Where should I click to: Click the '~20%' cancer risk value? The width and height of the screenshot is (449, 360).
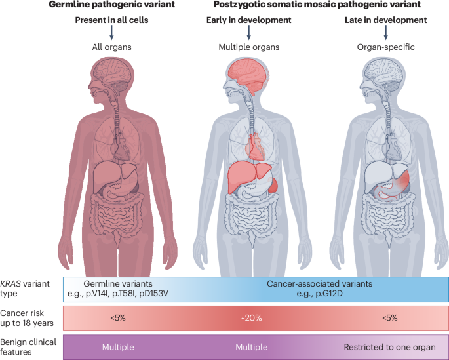252,317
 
